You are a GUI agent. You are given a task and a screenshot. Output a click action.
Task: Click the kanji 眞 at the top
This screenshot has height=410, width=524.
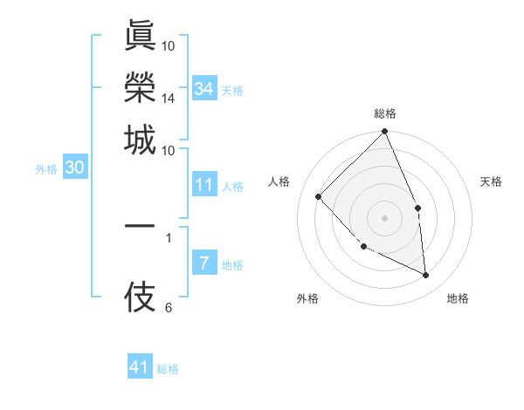140,38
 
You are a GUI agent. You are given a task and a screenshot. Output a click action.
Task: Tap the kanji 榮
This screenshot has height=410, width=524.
140,87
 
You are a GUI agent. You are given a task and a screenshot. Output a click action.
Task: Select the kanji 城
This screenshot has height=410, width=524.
140,140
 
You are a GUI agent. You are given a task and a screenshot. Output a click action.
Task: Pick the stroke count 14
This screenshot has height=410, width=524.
168,99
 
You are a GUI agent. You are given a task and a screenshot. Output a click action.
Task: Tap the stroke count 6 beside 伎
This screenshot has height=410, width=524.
168,307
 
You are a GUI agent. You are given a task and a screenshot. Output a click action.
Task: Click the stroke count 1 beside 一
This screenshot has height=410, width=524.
168,236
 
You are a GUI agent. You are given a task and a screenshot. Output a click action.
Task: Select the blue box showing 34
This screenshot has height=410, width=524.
203,88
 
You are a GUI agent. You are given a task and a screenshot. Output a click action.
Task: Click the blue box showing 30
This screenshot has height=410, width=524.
74,168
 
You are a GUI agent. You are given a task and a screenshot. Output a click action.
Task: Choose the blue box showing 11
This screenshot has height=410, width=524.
203,185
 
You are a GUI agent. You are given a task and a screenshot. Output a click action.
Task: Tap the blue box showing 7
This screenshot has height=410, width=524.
203,264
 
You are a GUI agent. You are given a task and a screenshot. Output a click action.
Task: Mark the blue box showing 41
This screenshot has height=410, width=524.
140,367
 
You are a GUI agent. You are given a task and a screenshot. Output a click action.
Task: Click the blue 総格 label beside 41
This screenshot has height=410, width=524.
168,369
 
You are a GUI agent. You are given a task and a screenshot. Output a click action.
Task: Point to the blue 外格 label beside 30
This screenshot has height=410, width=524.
46,170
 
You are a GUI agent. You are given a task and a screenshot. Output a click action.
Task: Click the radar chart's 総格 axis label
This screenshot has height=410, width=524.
385,113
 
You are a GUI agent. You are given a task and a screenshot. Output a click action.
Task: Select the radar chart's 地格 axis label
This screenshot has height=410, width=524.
458,298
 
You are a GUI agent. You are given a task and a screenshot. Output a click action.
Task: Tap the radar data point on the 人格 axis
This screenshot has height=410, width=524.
319,196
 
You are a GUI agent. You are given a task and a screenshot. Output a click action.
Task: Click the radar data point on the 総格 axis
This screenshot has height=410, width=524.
385,133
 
